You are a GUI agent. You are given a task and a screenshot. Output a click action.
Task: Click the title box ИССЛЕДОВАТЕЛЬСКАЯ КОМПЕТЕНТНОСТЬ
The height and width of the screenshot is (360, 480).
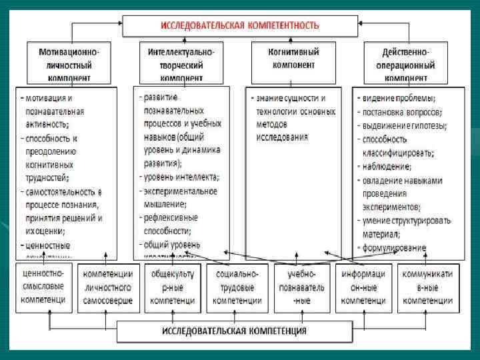pyautogui.click(x=240, y=26)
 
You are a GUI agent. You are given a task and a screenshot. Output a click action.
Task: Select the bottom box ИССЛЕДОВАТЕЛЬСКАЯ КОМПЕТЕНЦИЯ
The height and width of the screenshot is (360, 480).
pyautogui.click(x=234, y=331)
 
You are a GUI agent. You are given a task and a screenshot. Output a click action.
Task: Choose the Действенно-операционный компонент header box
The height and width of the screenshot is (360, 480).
pyautogui.click(x=409, y=62)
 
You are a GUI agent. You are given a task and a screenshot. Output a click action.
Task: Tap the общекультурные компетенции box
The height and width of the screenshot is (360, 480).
pyautogui.click(x=167, y=287)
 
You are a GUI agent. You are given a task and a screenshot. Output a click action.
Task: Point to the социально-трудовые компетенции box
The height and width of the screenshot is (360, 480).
pyautogui.click(x=237, y=287)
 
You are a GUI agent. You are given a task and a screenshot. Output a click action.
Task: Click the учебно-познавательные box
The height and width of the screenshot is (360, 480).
pyautogui.click(x=301, y=287)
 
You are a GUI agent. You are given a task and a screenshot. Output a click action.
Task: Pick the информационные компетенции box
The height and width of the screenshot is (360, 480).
pyautogui.click(x=363, y=287)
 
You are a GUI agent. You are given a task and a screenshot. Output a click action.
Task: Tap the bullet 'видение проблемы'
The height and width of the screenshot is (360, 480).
pyautogui.click(x=400, y=97)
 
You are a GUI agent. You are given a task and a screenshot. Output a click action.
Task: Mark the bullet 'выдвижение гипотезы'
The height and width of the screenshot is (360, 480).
pyautogui.click(x=405, y=125)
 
